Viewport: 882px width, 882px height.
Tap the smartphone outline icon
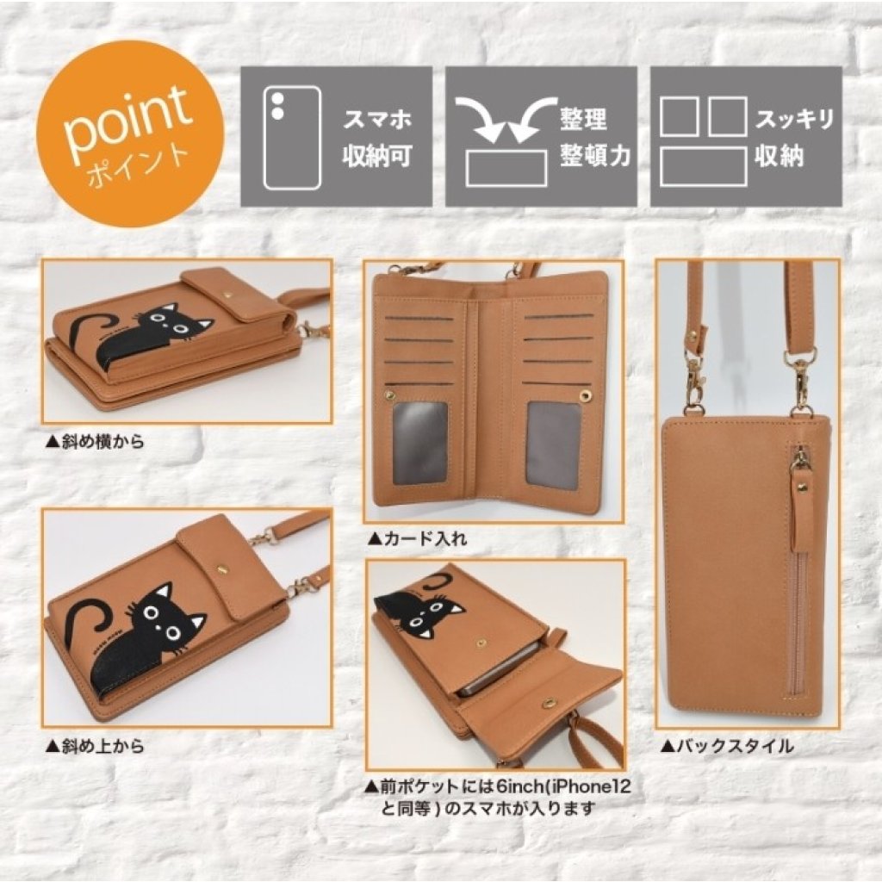(293, 137)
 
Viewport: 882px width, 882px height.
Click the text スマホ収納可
(377, 137)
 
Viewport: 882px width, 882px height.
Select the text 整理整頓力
(594, 137)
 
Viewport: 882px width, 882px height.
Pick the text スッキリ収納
(793, 137)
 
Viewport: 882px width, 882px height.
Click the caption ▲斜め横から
(96, 442)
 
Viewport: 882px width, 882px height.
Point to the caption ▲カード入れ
(417, 539)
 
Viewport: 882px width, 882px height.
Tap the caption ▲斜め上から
(96, 747)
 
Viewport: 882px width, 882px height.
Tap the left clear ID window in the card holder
(420, 444)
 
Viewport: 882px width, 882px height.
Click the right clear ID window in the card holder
(554, 444)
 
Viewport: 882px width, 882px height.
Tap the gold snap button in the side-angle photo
(229, 293)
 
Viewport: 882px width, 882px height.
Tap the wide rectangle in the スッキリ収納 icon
(703, 166)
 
